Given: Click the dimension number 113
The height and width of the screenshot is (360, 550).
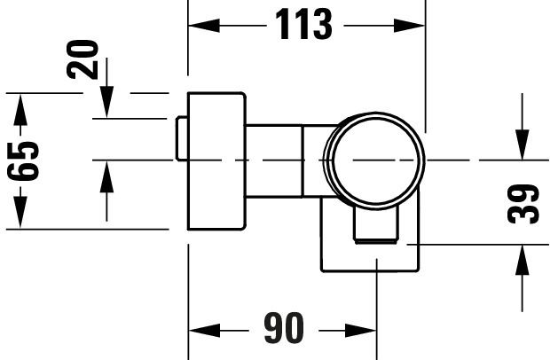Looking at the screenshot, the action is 303,25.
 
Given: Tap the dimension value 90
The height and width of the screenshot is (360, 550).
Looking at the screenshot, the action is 284,328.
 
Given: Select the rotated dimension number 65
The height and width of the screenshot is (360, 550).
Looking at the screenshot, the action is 23,160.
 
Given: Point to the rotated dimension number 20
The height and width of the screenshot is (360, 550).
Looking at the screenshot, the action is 82,59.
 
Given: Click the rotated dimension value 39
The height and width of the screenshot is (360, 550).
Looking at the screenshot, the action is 523,204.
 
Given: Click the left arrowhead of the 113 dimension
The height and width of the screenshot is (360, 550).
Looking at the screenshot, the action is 204,26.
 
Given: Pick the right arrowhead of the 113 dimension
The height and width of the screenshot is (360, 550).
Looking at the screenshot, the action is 409,26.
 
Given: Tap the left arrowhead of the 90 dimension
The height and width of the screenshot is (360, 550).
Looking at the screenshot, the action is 205,331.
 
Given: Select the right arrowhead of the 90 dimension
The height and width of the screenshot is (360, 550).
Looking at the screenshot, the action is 360,331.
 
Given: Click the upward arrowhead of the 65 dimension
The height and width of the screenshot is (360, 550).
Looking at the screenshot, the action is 20,110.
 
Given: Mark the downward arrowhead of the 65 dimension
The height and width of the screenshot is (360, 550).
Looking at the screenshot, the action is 20,213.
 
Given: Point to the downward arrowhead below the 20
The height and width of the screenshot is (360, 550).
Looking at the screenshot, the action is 106,102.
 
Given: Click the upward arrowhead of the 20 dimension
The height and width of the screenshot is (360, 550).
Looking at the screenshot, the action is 106,176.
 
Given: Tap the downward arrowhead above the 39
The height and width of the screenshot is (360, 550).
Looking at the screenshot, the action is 522,145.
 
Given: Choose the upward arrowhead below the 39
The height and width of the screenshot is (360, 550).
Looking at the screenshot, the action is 522,260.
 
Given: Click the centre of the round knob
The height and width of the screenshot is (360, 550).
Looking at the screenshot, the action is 374,160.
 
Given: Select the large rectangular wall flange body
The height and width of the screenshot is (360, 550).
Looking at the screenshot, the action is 216,161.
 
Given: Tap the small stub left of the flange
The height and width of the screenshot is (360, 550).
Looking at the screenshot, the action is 182,138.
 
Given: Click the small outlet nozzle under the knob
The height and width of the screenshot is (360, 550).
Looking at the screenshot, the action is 375,225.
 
